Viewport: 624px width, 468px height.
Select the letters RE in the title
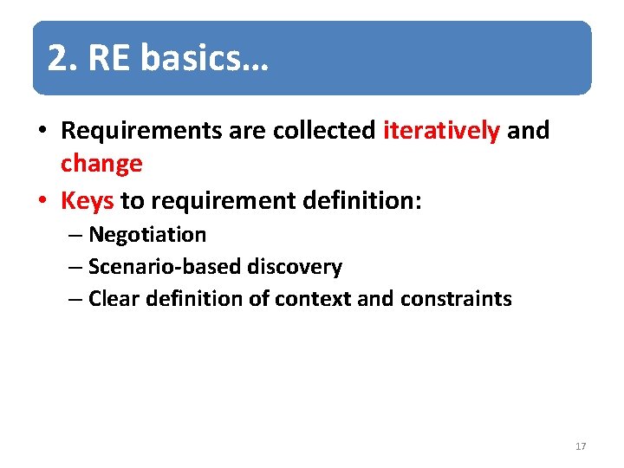coord(108,59)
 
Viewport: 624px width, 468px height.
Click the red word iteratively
coord(441,131)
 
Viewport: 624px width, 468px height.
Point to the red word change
coord(101,163)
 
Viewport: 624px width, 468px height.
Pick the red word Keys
coord(88,201)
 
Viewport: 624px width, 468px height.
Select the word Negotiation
coord(147,235)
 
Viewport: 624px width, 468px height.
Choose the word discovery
coord(295,267)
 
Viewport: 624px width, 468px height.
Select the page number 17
coord(581,446)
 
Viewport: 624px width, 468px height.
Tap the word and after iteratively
coord(529,131)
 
